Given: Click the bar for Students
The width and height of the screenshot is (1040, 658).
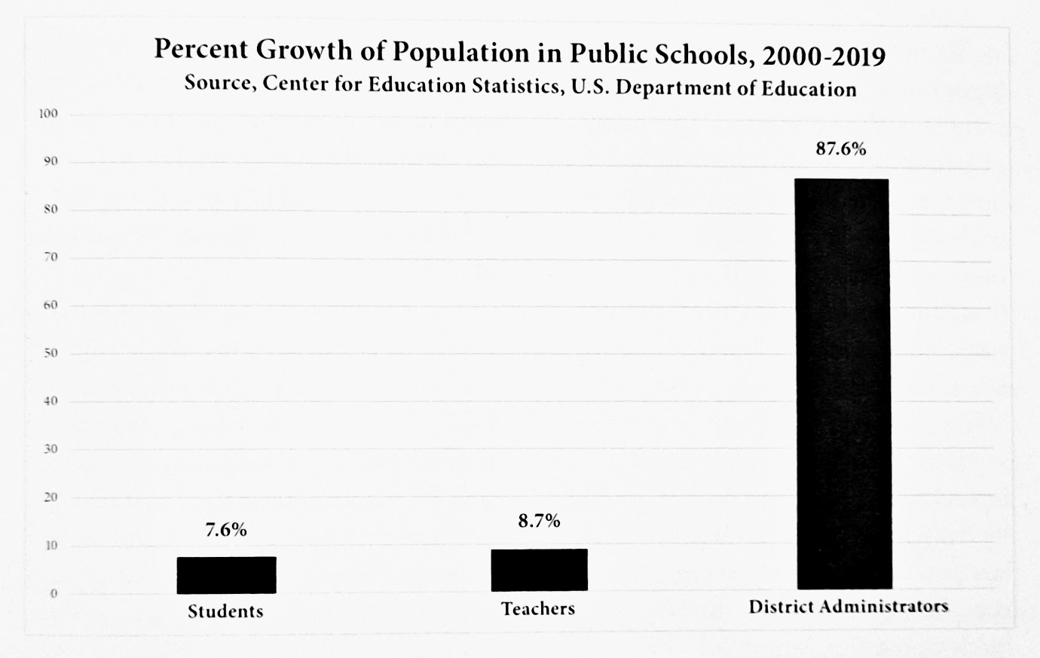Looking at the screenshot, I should coord(226,575).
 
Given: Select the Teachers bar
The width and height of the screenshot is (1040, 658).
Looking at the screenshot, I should coord(539,570).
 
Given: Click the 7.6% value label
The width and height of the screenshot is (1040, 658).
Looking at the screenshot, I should coord(226,530).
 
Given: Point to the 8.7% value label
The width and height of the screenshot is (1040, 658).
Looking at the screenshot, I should coord(539,521).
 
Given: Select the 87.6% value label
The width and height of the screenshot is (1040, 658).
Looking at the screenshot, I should coord(841,149).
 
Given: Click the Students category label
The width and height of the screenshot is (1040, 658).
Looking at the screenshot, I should coord(226,611).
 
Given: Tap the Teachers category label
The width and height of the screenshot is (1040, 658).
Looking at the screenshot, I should coord(538,608).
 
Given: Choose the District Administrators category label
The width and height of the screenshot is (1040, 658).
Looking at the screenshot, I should coord(848,606).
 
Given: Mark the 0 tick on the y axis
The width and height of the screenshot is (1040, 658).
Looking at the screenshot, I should coord(54,593).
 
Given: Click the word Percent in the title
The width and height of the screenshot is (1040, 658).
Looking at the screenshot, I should coord(200,50).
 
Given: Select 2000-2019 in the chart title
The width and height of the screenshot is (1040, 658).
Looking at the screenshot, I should coord(824,56).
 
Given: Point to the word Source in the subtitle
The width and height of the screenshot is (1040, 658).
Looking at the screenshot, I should coord(219,82).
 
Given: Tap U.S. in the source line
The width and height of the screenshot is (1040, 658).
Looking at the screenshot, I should coord(594,87).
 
